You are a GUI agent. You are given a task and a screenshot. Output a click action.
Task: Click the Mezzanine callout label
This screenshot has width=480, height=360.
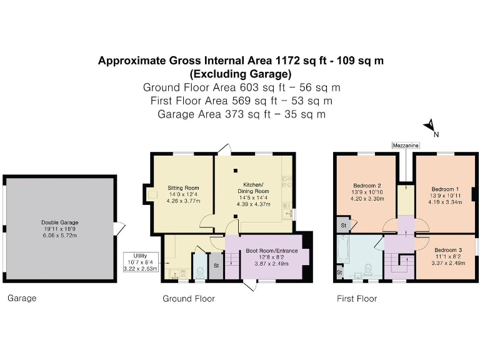[x=406, y=145]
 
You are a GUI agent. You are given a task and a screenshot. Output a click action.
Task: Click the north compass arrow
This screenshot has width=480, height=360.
[x=430, y=127]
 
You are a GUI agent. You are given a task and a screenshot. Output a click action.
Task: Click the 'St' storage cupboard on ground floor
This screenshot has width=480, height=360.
[x=215, y=266]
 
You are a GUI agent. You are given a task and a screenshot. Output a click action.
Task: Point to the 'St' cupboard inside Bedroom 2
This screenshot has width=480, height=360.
[x=343, y=224]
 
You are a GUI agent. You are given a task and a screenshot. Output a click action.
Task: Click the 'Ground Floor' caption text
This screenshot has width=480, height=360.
[x=189, y=299]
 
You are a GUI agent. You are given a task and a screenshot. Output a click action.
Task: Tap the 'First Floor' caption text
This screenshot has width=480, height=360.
[x=357, y=299]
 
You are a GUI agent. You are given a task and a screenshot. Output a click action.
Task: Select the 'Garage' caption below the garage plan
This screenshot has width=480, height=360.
[x=22, y=299]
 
